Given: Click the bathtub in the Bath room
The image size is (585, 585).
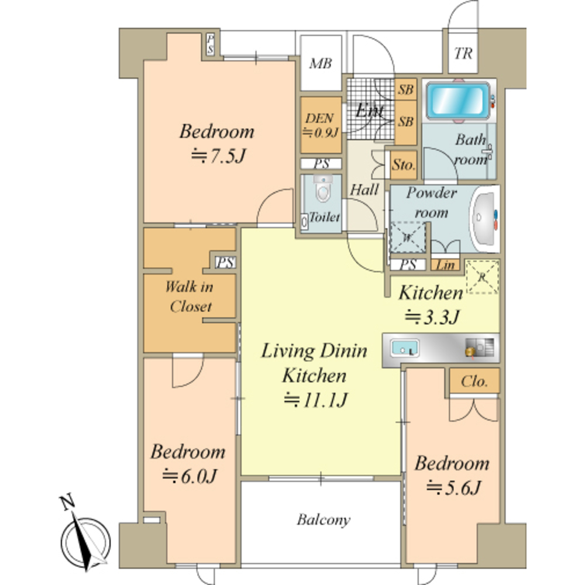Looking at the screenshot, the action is click(458, 101).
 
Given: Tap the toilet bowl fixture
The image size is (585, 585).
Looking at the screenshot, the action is click(323, 189).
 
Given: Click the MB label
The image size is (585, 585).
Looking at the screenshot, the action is click(321, 64).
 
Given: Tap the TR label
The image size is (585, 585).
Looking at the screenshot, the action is click(463, 53).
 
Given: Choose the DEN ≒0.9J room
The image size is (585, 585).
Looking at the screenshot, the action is click(321, 125).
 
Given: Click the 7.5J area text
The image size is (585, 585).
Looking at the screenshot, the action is click(219, 156).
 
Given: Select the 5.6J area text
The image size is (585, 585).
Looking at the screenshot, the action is click(453, 488).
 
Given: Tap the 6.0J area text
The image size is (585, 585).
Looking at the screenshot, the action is click(190, 476).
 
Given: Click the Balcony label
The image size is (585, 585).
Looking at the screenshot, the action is click(324, 519).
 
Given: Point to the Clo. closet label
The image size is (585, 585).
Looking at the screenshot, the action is click(474, 381).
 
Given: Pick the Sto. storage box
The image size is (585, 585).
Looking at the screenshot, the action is click(404, 165).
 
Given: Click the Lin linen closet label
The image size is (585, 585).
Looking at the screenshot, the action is click(445, 265).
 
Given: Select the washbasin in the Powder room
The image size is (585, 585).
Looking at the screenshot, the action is click(484, 219).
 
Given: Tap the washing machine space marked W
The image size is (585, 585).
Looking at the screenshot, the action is click(407, 238).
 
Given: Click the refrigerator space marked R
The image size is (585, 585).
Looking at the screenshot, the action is click(482, 277).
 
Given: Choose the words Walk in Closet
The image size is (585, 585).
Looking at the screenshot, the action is click(190, 297).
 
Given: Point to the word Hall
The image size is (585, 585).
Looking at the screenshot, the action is click(364, 190).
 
